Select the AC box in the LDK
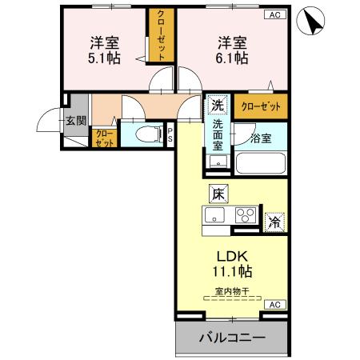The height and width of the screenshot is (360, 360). [274, 305]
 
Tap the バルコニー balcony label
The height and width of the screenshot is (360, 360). [231, 338]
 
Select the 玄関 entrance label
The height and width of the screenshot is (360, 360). [76, 121]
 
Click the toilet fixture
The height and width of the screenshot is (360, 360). [145, 134]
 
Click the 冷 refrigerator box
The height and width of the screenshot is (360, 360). [274, 221]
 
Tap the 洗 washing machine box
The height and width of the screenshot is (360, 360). [217, 105]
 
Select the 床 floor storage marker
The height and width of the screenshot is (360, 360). [218, 193]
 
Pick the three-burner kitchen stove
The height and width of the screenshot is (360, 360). [246, 215]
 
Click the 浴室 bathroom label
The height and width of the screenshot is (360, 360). [261, 138]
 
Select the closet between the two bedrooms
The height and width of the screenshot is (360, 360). [161, 36]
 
